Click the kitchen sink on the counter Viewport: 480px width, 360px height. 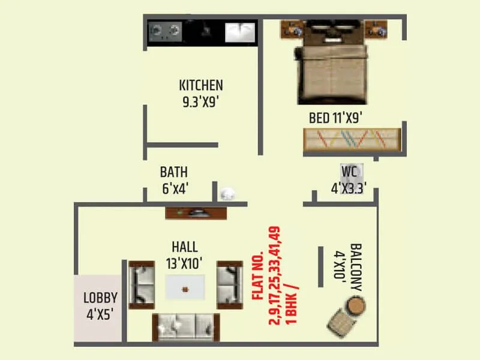tap(241, 31)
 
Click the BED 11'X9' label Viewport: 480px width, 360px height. tap(336, 118)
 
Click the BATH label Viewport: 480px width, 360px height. tap(174, 173)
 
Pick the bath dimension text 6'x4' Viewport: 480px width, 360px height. tap(175, 188)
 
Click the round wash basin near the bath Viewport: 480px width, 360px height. tap(228, 194)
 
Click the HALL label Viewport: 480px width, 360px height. tap(184, 247)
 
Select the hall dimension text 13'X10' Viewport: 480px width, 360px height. tap(184, 262)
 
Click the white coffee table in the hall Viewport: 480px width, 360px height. tap(185, 287)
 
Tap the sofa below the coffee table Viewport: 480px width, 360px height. tap(184, 326)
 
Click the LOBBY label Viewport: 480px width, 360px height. tap(100, 298)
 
